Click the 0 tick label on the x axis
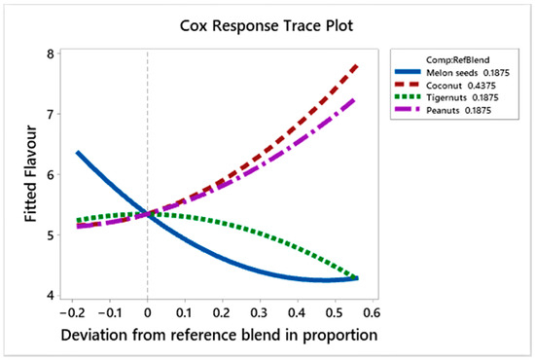[147, 314]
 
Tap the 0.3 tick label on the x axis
[257, 314]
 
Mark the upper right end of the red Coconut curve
[357, 65]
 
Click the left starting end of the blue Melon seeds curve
[77, 153]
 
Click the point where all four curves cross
[148, 214]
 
